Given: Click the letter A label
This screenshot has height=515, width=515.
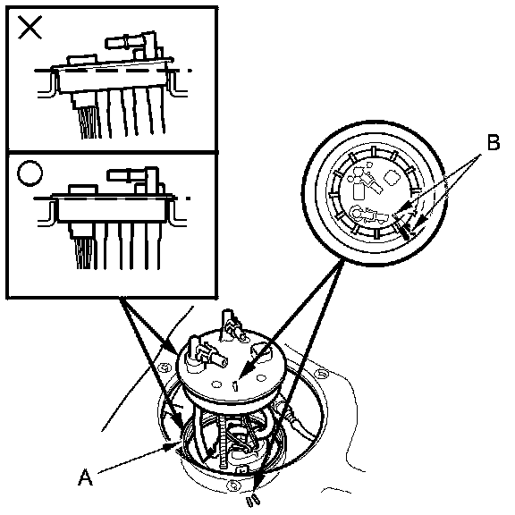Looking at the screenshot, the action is [86, 477].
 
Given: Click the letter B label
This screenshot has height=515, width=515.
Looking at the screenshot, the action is [494, 143].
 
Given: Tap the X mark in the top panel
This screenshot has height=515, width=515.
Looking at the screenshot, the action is [30, 28].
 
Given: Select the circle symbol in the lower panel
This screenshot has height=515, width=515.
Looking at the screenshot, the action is [30, 173].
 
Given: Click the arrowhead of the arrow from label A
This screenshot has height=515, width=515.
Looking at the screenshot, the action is [173, 445].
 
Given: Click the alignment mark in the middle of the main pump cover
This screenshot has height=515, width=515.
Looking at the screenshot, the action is [235, 386].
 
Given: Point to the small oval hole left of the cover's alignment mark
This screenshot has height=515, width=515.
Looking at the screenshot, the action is [216, 384].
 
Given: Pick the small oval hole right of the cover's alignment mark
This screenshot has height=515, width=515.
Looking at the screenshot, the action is [261, 378].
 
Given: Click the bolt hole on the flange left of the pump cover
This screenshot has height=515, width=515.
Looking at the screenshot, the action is [164, 367].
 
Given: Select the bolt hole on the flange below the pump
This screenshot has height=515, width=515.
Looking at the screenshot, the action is [234, 484].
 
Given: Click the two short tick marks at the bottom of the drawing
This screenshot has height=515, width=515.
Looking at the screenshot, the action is [253, 502].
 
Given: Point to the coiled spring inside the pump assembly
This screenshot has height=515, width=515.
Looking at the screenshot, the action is [224, 440].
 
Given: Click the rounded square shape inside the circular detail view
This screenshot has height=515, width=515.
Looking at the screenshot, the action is [392, 178].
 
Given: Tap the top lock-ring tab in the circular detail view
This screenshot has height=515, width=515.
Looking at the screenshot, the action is [374, 151].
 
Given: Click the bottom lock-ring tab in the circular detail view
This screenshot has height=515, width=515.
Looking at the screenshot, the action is [376, 234].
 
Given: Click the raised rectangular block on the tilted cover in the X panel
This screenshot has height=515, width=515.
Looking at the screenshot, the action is [82, 60].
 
